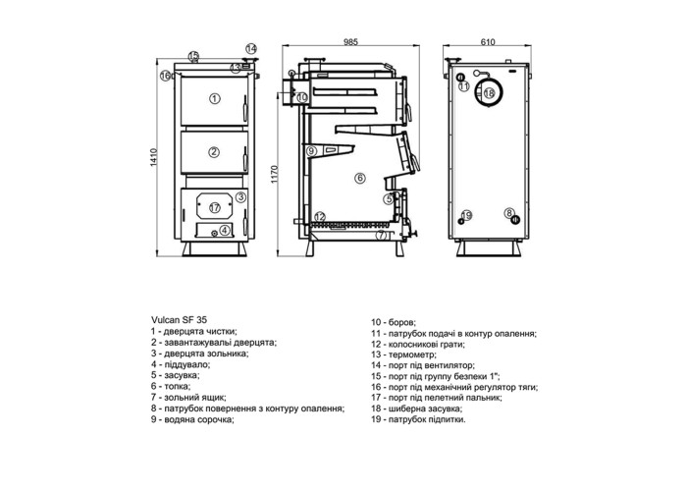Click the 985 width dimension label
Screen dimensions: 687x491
350,42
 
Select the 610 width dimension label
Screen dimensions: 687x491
488,42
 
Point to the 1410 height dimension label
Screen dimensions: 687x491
153,157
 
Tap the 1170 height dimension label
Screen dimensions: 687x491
275,174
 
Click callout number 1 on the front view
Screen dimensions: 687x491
214,98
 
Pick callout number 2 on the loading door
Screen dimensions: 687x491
214,152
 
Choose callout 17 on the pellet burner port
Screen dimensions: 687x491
214,207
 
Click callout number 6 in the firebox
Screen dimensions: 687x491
360,178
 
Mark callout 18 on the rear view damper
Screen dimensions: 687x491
489,93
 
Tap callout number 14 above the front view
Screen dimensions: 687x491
251,48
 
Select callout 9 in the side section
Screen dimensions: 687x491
311,151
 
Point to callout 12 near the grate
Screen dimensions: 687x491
320,216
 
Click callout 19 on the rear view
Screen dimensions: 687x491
466,215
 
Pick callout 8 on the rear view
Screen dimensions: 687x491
508,213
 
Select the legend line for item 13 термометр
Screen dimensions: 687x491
403,355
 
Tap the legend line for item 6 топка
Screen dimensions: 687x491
171,386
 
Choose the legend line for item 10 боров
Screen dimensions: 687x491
394,323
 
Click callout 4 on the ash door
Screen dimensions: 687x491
225,229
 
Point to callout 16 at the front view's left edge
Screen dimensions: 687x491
165,76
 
